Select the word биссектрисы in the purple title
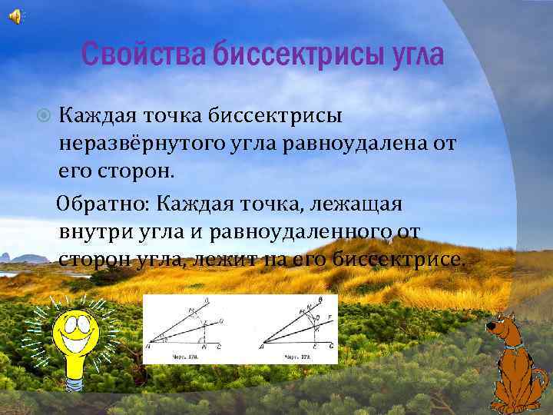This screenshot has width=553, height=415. (x=289, y=55)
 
